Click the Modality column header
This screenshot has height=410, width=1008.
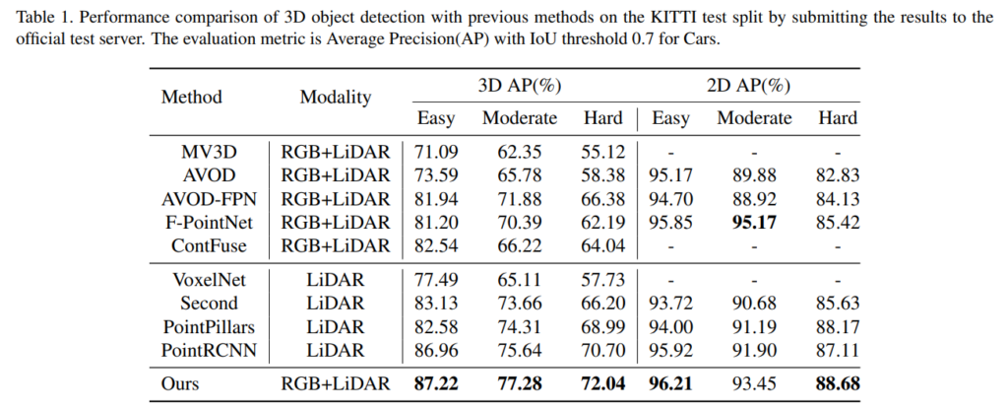point(336,97)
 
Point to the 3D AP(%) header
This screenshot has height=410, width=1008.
point(520,85)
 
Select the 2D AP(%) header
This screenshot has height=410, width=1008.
point(749,85)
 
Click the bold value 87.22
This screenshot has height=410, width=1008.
point(436,383)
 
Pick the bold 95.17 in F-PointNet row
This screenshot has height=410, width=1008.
point(754,222)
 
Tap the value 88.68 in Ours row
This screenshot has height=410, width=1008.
point(838,383)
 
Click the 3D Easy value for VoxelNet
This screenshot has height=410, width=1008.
point(436,280)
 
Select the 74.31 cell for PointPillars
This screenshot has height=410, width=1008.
point(519,325)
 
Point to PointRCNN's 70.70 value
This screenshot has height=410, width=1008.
point(603,348)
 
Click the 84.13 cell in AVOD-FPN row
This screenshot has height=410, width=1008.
point(838,199)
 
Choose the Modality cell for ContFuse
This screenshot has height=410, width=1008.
point(336,244)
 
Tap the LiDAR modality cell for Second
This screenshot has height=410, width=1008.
point(336,303)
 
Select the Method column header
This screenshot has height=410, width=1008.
point(192,97)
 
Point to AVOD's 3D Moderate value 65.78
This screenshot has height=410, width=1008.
point(519,176)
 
